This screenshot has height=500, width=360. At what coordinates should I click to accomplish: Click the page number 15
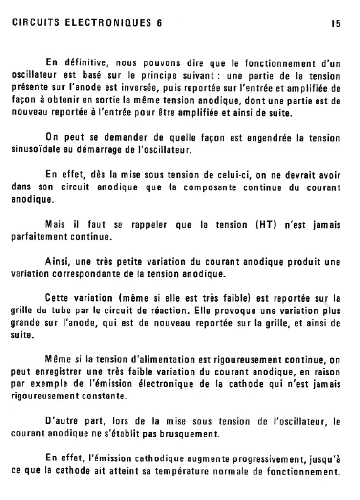pyautogui.click(x=335, y=23)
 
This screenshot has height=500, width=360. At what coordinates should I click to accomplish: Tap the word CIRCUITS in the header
pyautogui.click(x=32, y=23)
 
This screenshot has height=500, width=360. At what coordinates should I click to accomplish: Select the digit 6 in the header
pyautogui.click(x=158, y=23)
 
